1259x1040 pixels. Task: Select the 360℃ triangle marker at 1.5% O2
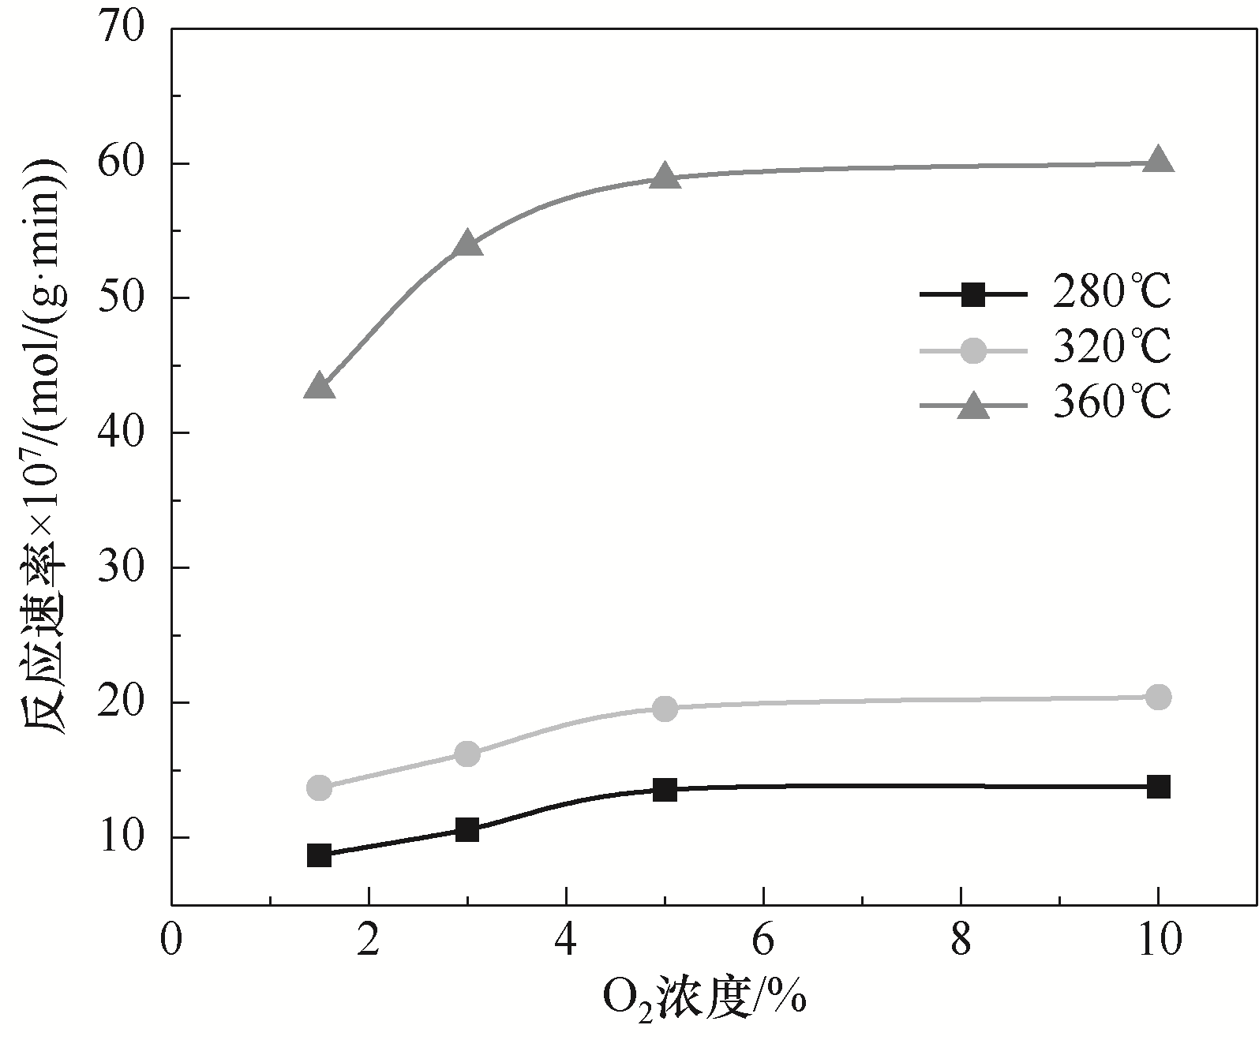click(x=320, y=387)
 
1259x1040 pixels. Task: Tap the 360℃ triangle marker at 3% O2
click(x=467, y=245)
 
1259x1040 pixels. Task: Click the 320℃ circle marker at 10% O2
click(x=1158, y=697)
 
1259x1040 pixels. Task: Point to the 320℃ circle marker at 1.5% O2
click(x=320, y=787)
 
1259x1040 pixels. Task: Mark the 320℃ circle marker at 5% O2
click(x=665, y=709)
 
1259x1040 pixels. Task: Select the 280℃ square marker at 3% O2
click(x=467, y=830)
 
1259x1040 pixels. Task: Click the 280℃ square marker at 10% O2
click(x=1158, y=787)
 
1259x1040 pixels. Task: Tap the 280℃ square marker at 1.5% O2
click(x=320, y=855)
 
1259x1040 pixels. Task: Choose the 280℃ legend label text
click(x=1111, y=293)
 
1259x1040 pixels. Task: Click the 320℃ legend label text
click(x=1111, y=348)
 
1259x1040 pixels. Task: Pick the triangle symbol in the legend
click(x=973, y=406)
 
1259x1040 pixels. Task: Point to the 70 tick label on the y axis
click(x=122, y=29)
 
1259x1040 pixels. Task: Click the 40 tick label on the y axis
click(x=122, y=433)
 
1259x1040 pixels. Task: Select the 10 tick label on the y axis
click(x=122, y=837)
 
